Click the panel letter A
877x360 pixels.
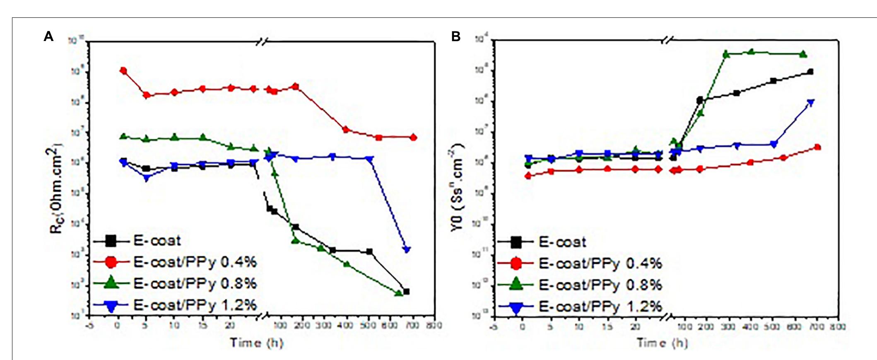click(49, 37)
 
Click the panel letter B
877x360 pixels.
click(455, 37)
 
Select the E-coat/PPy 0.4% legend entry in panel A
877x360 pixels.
click(195, 262)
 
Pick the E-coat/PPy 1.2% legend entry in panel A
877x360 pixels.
click(195, 305)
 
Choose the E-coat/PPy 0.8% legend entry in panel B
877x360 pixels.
click(600, 285)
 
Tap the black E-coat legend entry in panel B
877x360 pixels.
click(562, 242)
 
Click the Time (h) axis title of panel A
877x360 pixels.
click(257, 343)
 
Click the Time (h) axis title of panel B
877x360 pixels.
click(662, 343)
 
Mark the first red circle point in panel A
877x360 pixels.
click(123, 71)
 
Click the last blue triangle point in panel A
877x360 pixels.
click(407, 250)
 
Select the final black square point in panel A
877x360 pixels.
click(406, 292)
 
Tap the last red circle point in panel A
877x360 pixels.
click(413, 138)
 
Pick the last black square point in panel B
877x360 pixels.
click(810, 72)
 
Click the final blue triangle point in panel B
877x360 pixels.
click(811, 102)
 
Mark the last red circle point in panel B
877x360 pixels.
click(817, 147)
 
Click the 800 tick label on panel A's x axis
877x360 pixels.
click(434, 325)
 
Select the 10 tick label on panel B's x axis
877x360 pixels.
click(579, 327)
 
